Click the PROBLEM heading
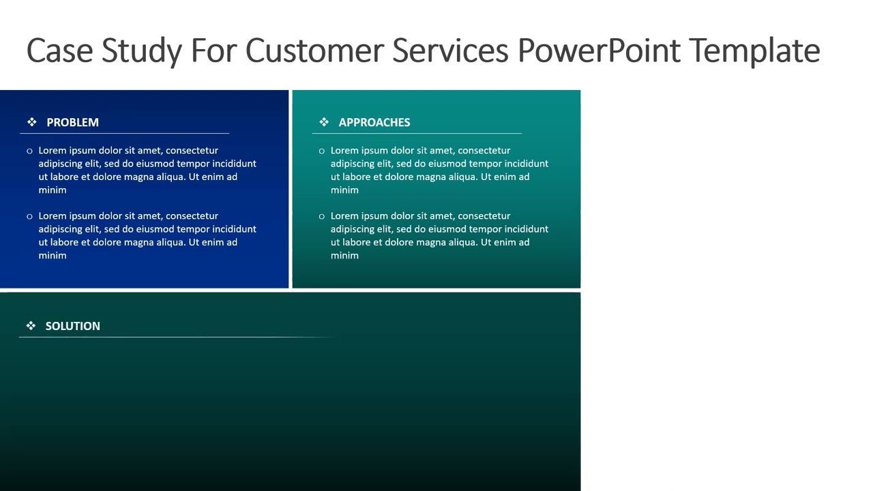72,122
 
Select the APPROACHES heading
374,122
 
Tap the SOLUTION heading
72,326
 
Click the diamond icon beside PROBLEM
32,122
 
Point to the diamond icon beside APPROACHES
324,122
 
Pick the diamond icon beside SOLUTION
31,326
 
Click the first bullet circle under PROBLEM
29,151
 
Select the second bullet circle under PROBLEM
29,216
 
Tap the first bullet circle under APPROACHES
321,151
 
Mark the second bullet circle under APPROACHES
321,216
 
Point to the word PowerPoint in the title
599,50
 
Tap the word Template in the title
754,50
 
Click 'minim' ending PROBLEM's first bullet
52,190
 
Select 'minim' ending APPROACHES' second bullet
344,256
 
